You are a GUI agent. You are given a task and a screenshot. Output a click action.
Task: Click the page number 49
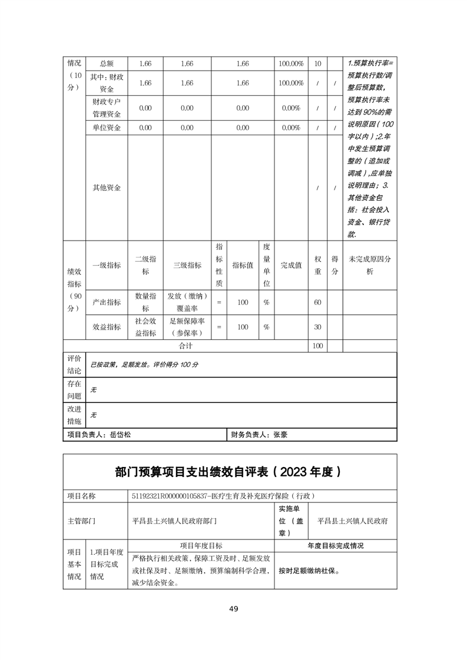pos(234,609)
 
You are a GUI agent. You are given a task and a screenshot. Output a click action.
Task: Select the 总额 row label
pos(107,64)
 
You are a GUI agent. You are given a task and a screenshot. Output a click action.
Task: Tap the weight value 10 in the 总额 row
pos(317,64)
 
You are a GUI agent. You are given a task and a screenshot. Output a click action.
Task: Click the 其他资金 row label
pos(107,188)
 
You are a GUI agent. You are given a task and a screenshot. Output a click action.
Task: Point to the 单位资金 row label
pos(107,128)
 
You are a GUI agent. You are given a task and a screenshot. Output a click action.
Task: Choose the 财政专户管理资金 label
pos(107,108)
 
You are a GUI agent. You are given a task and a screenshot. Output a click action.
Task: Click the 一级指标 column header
pos(107,265)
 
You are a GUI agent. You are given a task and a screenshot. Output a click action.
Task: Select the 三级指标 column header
pos(187,265)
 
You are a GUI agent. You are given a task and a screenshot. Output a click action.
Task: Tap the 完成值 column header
pos(291,265)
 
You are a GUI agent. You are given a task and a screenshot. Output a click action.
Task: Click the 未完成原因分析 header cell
pos(370,265)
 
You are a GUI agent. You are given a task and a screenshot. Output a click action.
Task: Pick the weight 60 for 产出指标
pos(317,302)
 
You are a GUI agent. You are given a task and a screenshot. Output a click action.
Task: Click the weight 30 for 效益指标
pos(317,327)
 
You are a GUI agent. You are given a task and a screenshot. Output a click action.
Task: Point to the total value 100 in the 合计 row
pos(317,346)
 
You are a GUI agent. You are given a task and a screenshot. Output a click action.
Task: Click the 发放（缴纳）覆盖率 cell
pos(187,302)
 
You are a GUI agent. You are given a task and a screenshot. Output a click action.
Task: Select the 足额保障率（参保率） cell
pos(187,327)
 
